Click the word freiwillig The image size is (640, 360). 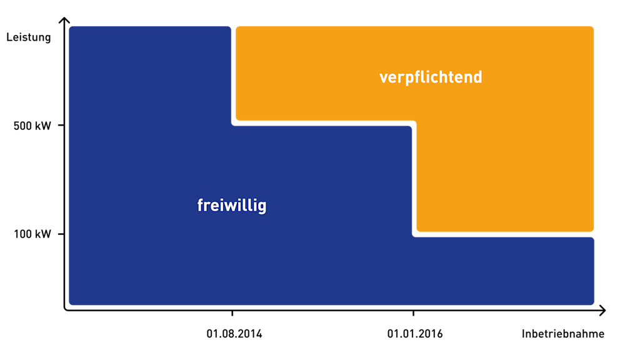click(232, 206)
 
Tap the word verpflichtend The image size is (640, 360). click(431, 77)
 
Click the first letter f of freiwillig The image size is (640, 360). click(201, 205)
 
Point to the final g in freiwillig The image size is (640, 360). click(262, 207)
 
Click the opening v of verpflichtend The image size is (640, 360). click(383, 78)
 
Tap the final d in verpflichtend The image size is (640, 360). click(477, 77)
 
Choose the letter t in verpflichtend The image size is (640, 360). click(450, 77)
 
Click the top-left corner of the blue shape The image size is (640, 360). click(71, 27)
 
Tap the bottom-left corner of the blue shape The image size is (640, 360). click(71, 304)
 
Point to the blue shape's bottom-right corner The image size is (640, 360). click(592, 304)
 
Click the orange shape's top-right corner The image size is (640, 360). click(592, 27)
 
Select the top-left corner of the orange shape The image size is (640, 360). click(237, 27)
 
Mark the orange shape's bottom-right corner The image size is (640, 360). click(592, 230)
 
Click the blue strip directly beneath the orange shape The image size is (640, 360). click(504, 270)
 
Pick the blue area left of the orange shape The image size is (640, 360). click(150, 75)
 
